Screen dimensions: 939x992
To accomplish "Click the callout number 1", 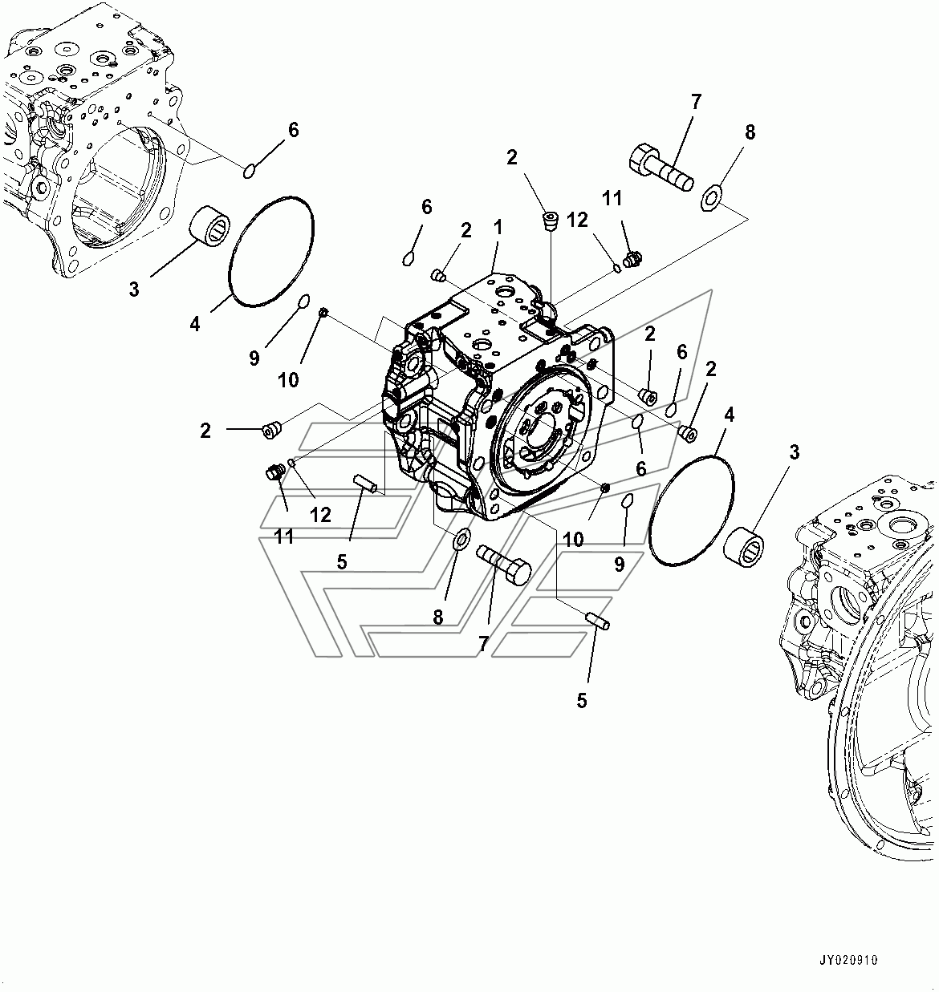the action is (x=498, y=228).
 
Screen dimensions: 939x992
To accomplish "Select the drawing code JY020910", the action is (x=848, y=960).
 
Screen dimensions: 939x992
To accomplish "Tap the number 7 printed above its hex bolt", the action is (x=696, y=102).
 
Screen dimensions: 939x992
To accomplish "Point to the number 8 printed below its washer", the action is (x=437, y=617).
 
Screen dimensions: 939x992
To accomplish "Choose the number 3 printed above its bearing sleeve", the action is (x=795, y=452).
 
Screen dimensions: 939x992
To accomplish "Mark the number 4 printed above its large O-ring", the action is (x=729, y=415).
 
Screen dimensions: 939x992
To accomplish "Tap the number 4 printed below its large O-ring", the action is (x=195, y=324).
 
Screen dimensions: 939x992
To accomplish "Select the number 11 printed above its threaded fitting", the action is (x=612, y=198).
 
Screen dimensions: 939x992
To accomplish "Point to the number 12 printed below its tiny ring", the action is (x=320, y=515).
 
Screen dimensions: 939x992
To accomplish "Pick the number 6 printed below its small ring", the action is (x=640, y=469).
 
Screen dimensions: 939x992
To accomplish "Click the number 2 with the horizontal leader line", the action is (x=205, y=431).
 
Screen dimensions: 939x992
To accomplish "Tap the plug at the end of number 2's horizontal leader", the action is (x=272, y=431).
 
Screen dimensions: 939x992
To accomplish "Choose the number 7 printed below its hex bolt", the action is (x=483, y=643).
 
